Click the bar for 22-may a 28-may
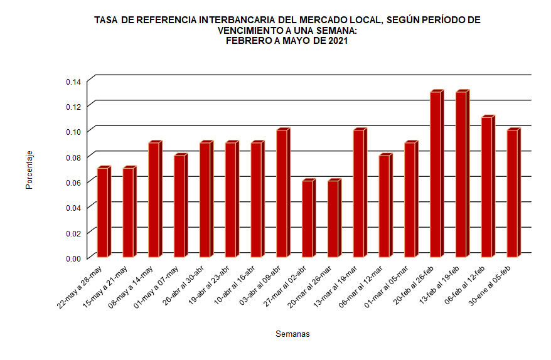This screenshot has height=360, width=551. click(103, 213)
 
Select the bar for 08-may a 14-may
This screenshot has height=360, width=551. click(154, 200)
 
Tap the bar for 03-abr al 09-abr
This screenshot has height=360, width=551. click(282, 194)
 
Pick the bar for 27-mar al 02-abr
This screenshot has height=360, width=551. click(308, 219)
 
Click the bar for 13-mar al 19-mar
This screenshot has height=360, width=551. click(359, 194)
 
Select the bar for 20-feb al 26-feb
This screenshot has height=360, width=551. click(436, 175)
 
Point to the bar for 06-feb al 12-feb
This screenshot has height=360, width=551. click(487, 188)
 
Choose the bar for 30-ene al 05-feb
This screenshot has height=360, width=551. click(513, 194)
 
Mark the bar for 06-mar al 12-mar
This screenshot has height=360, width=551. click(385, 206)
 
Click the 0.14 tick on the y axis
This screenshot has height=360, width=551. click(73, 82)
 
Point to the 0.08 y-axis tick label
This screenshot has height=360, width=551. click(73, 157)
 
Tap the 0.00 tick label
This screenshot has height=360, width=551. click(73, 258)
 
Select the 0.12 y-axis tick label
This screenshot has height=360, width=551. click(73, 107)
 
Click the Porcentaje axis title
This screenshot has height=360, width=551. click(29, 171)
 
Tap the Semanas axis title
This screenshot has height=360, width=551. click(292, 334)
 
